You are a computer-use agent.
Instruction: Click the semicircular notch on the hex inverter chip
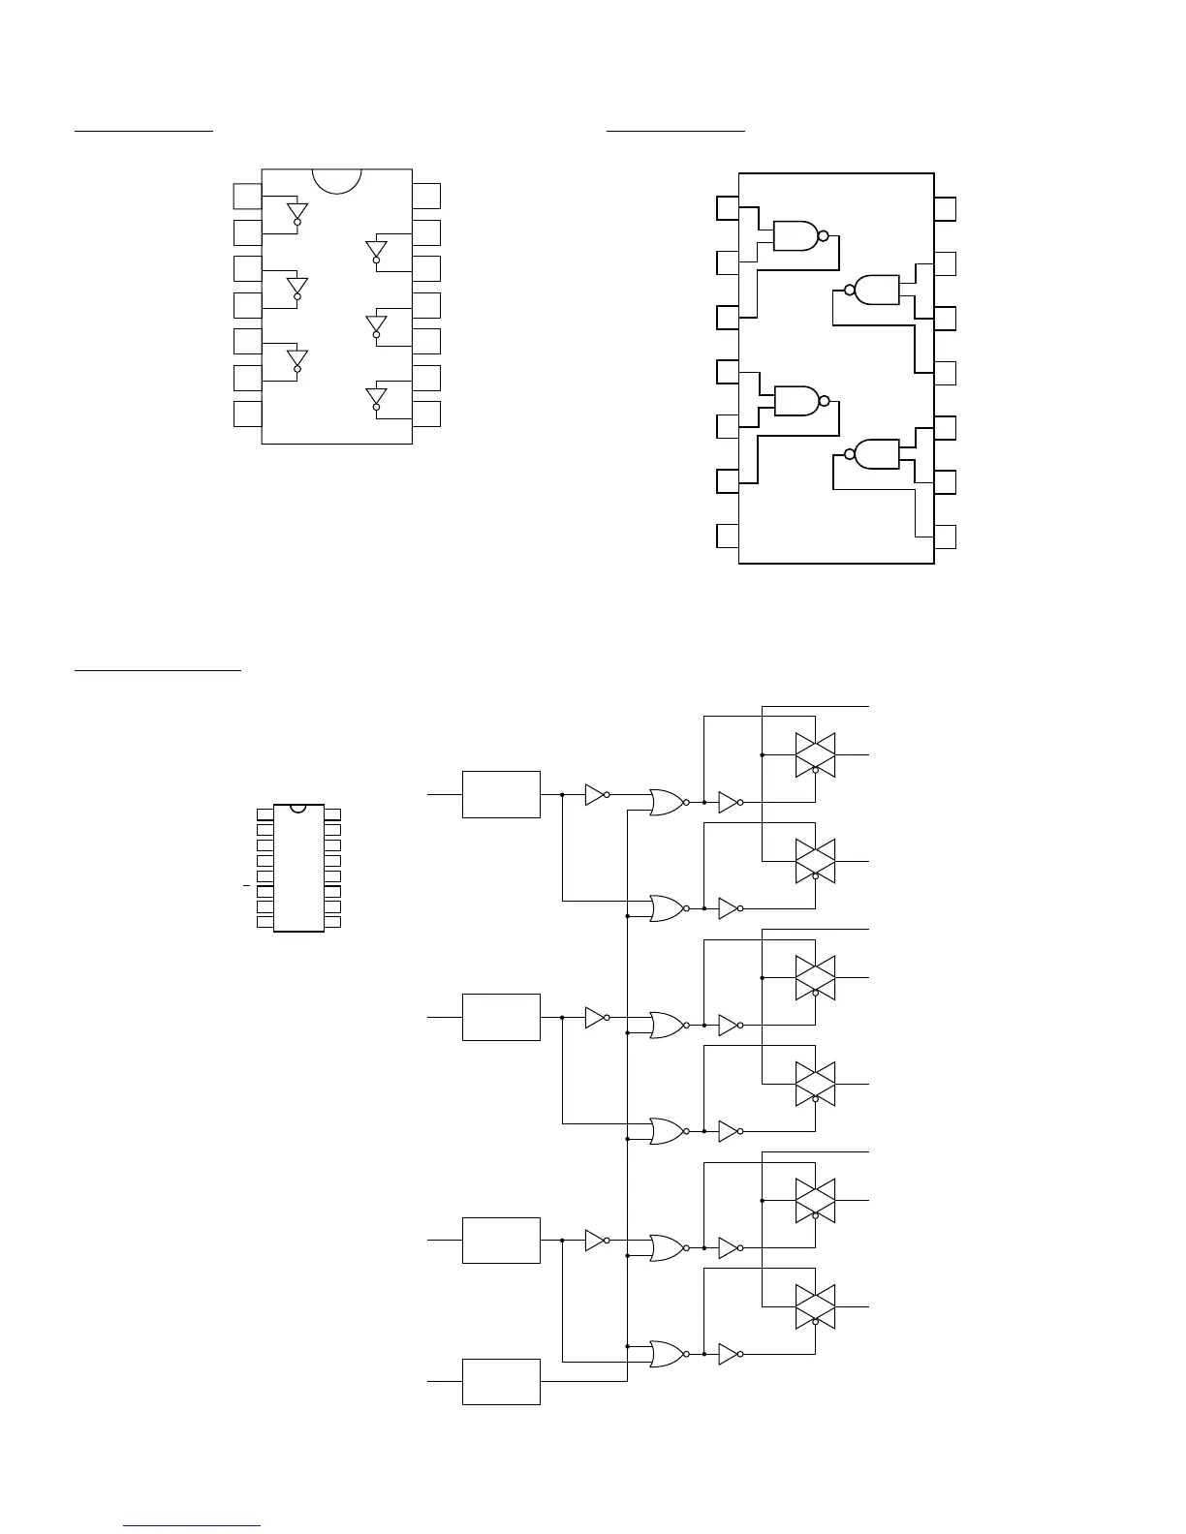click(x=337, y=180)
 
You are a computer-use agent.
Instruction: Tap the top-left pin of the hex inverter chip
click(x=247, y=196)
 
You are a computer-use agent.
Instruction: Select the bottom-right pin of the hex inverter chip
click(x=426, y=414)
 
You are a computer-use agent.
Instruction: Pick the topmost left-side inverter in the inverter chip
click(x=297, y=213)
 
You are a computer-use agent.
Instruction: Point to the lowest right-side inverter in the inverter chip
click(x=376, y=398)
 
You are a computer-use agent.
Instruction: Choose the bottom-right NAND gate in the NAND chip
click(x=875, y=453)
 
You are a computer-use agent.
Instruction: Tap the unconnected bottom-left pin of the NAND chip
click(x=728, y=536)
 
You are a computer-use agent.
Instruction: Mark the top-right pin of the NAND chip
click(x=945, y=209)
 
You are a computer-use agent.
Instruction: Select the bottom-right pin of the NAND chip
click(x=945, y=537)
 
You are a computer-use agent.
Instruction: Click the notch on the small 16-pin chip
click(x=298, y=808)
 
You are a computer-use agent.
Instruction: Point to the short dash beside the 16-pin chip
click(x=246, y=886)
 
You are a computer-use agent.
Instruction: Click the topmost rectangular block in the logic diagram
click(x=501, y=794)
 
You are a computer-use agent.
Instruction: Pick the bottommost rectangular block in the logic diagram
click(x=501, y=1381)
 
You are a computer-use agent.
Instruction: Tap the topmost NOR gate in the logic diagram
click(x=667, y=802)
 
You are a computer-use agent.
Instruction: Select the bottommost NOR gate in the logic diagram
click(x=667, y=1354)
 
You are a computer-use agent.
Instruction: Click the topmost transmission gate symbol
click(x=815, y=754)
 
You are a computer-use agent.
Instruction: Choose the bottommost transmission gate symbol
click(x=815, y=1306)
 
